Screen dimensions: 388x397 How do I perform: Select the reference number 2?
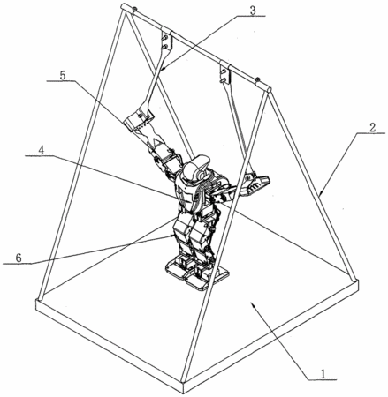[x=372, y=127]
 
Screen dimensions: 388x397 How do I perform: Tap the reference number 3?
[x=252, y=10]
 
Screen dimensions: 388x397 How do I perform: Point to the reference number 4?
[x=42, y=151]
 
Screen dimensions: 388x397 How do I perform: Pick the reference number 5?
[x=63, y=76]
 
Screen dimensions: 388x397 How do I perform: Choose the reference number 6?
[x=19, y=258]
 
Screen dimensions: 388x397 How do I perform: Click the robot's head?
[x=197, y=169]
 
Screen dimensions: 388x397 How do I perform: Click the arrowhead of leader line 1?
[x=253, y=306]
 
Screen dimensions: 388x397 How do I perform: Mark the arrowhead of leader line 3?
[x=163, y=69]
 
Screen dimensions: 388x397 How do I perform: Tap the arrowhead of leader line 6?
[x=173, y=236]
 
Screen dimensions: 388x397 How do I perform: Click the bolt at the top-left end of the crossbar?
[x=134, y=10]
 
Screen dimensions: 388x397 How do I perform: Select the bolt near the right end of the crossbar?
[x=257, y=79]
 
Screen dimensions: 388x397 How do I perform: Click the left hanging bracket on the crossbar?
[x=166, y=40]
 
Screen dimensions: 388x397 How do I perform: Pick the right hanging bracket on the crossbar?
[x=225, y=72]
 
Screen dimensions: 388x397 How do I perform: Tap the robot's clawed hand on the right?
[x=255, y=183]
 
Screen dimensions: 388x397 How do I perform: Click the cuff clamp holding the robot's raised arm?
[x=139, y=118]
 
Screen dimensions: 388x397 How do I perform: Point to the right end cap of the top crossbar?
[x=269, y=89]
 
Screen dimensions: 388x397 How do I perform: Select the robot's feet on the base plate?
[x=197, y=271]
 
